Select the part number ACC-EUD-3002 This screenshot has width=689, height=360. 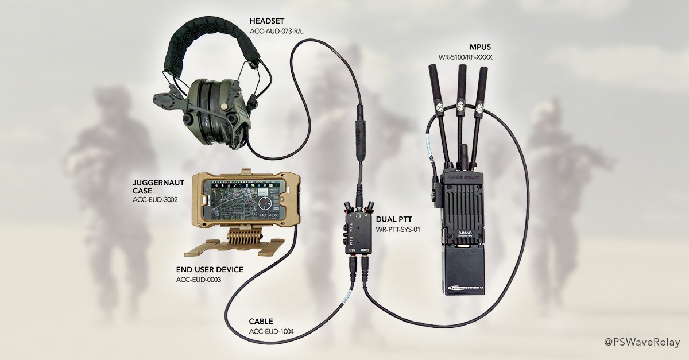154,200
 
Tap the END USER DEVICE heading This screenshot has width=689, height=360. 210,269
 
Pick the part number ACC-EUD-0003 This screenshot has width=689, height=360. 199,280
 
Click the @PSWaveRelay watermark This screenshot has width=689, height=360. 641,342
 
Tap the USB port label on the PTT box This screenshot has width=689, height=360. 351,250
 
